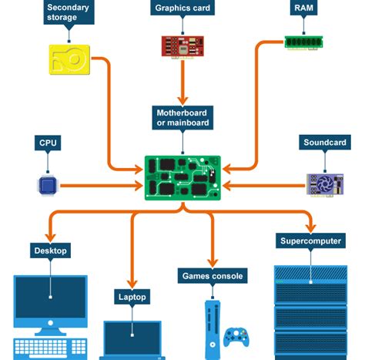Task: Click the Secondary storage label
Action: [68, 12]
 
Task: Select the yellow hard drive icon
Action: [69, 59]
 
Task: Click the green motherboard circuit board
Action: [182, 178]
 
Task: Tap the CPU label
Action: [49, 143]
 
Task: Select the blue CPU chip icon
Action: [49, 184]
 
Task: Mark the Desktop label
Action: [51, 251]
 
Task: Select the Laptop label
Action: [132, 297]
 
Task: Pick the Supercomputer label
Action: [310, 241]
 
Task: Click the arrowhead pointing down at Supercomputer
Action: [310, 228]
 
